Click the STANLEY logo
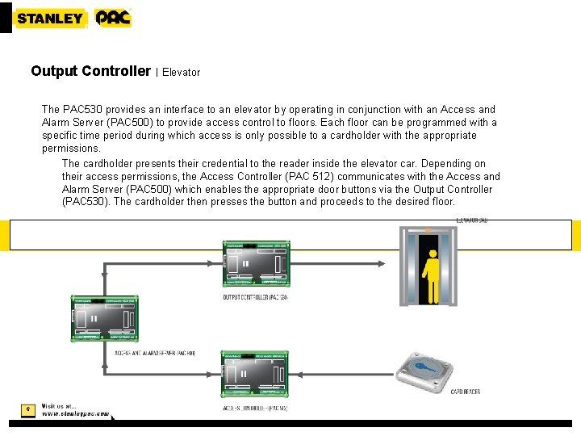coord(50,18)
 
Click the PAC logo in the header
coord(112,18)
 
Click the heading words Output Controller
coord(90,71)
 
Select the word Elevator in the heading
coord(182,72)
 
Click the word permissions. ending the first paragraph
coord(71,149)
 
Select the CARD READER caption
coord(466,392)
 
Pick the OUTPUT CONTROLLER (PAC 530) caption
coord(255,297)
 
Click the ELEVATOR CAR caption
coord(472,220)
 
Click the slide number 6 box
coord(27,409)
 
